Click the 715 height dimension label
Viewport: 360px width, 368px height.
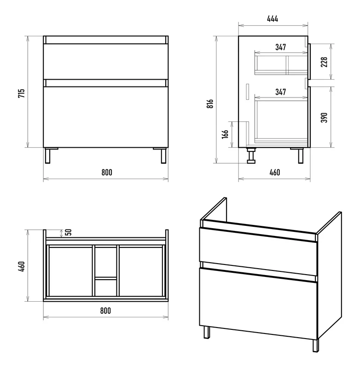click(x=21, y=93)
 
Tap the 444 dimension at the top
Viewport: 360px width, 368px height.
click(x=273, y=18)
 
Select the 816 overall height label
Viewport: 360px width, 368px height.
click(x=210, y=103)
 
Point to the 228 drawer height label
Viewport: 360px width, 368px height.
click(x=324, y=62)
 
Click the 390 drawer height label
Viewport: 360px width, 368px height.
click(x=324, y=117)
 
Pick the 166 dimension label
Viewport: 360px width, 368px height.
click(x=225, y=134)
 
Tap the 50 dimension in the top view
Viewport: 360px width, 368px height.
click(x=68, y=232)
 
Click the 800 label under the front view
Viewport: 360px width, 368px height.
click(x=107, y=172)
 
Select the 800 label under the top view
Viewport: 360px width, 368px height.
click(x=105, y=311)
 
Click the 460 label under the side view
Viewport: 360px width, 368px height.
click(x=275, y=172)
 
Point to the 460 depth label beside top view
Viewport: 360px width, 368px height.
click(x=21, y=267)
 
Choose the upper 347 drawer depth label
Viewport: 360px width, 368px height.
click(x=281, y=47)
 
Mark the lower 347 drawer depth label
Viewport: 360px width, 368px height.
click(x=281, y=92)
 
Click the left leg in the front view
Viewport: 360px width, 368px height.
click(x=48, y=155)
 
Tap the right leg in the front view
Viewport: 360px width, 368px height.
click(x=164, y=155)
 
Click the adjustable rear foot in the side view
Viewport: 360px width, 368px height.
click(x=251, y=155)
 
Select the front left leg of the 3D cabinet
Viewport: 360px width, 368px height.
click(x=207, y=332)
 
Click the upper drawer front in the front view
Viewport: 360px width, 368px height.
click(x=106, y=62)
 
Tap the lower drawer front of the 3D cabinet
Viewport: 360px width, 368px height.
click(x=258, y=304)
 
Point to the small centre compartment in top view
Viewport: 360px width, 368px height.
click(x=106, y=288)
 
